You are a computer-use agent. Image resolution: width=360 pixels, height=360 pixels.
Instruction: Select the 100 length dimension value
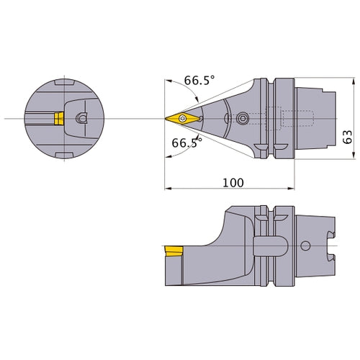232,183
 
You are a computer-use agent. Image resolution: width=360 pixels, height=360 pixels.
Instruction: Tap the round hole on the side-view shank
305,248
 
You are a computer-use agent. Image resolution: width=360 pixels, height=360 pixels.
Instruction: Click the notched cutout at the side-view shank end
332,248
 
